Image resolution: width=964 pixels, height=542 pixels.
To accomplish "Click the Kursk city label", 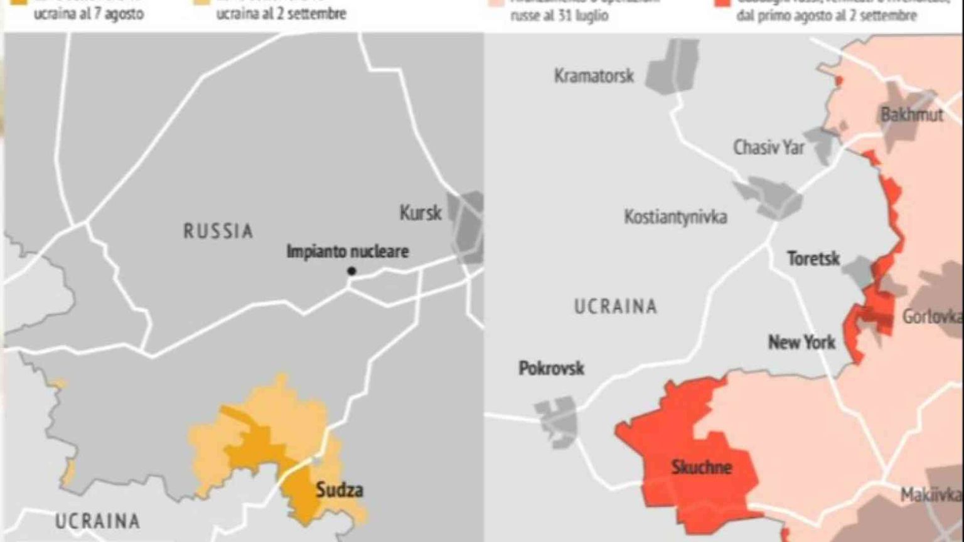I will tap(420, 213).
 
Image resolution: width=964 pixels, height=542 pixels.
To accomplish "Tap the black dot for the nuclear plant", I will tap(351, 271).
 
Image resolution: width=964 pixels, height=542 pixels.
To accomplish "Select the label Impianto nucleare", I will tap(347, 252).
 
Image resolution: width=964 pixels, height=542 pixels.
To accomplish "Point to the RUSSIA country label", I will tap(218, 231).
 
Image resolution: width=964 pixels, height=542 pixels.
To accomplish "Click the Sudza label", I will tap(339, 490).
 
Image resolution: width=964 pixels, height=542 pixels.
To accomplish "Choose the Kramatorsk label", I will tap(593, 76).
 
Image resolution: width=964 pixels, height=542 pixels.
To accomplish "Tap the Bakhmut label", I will tap(911, 115).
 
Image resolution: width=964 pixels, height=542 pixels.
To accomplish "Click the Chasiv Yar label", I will tap(768, 147).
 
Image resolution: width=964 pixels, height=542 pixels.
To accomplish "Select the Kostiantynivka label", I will tap(675, 217).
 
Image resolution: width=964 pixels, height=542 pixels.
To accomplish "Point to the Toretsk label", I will tap(813, 258).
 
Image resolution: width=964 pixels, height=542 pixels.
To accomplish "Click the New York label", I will tap(801, 343).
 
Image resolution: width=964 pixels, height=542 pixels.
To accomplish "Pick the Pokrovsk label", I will tap(551, 368).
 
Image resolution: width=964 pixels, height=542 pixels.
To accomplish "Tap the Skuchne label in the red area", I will tap(701, 467).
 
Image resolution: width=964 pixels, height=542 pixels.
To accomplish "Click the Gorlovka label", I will tap(931, 317).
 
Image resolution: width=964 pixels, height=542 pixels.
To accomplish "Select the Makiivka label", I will tap(930, 495).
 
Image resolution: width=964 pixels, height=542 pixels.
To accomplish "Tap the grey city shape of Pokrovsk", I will tap(557, 419).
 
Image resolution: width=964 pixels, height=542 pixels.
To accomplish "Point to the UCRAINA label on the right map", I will tap(615, 306).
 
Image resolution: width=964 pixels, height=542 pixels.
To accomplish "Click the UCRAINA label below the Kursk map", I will tap(97, 521).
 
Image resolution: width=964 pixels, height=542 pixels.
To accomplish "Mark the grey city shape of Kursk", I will tap(468, 226).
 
